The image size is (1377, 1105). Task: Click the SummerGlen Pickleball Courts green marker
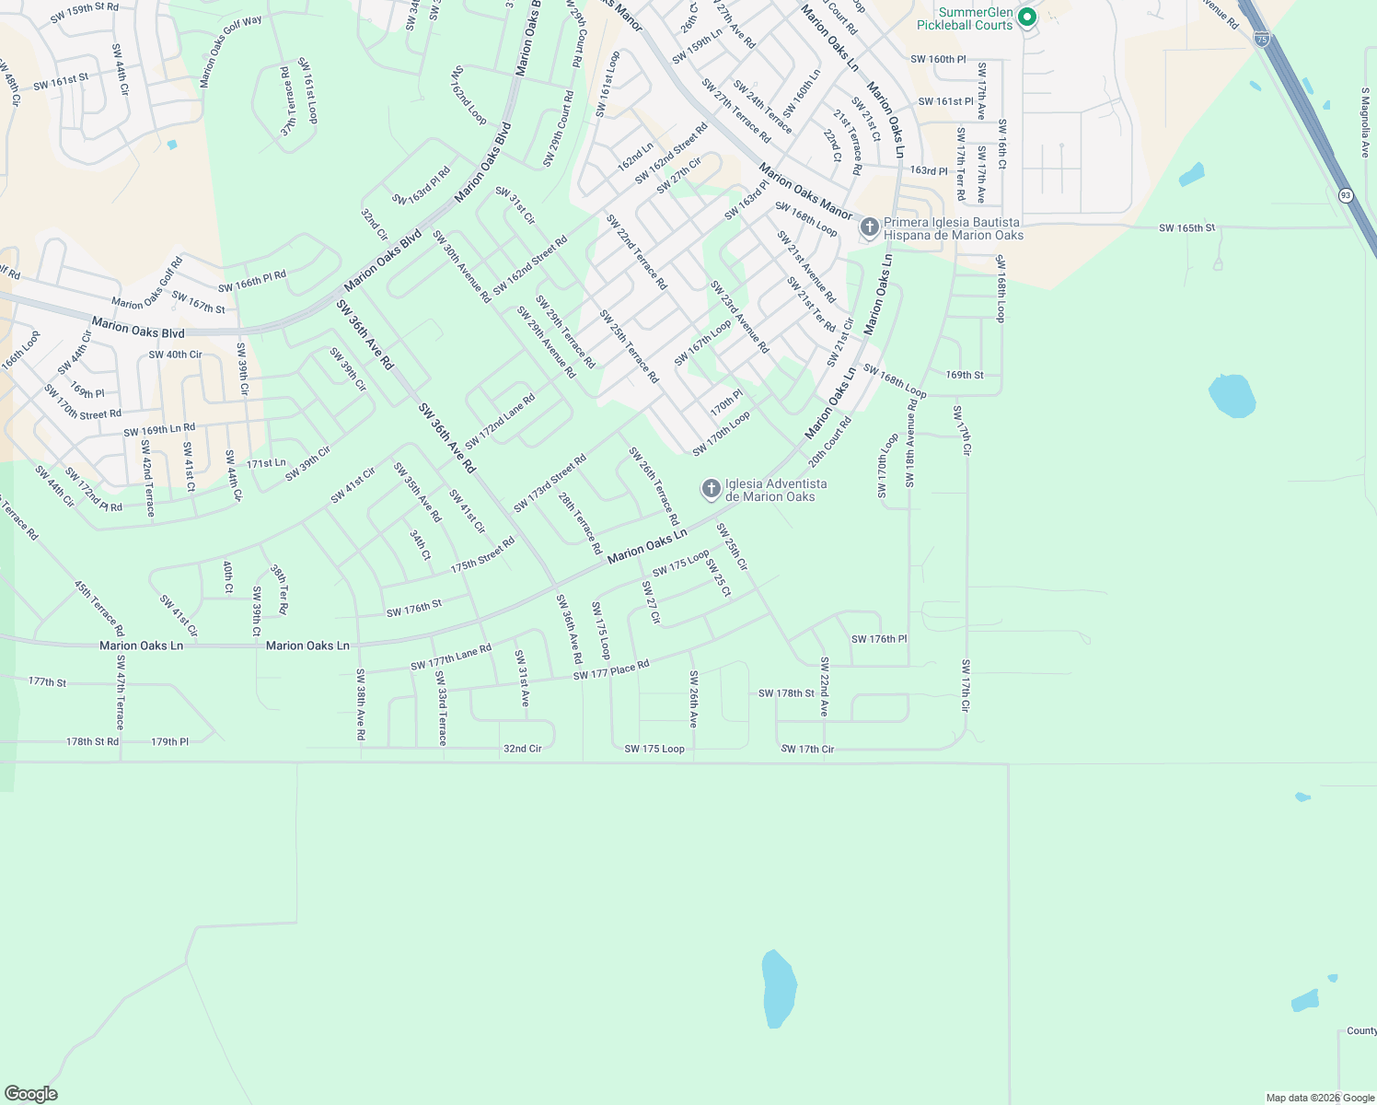tap(1026, 17)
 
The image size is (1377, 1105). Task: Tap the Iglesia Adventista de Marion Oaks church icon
tap(711, 489)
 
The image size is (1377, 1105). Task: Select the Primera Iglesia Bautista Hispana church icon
tap(869, 227)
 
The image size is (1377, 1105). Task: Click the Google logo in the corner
tap(31, 1094)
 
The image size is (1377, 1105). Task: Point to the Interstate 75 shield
tap(1261, 39)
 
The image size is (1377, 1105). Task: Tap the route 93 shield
tap(1346, 195)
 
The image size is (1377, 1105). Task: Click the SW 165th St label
tap(1186, 227)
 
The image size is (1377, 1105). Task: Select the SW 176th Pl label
tap(879, 639)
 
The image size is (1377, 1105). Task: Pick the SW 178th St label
tap(786, 693)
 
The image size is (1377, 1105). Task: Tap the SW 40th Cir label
tap(175, 355)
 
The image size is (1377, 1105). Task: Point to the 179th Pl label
tap(170, 741)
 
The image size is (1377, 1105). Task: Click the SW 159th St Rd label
tap(86, 12)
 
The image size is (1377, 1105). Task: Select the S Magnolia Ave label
tap(1365, 122)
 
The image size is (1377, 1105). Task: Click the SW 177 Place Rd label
tap(611, 670)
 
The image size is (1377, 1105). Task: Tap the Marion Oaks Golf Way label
tap(230, 52)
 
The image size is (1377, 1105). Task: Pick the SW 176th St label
tap(414, 608)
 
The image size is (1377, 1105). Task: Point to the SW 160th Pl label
tap(938, 59)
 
